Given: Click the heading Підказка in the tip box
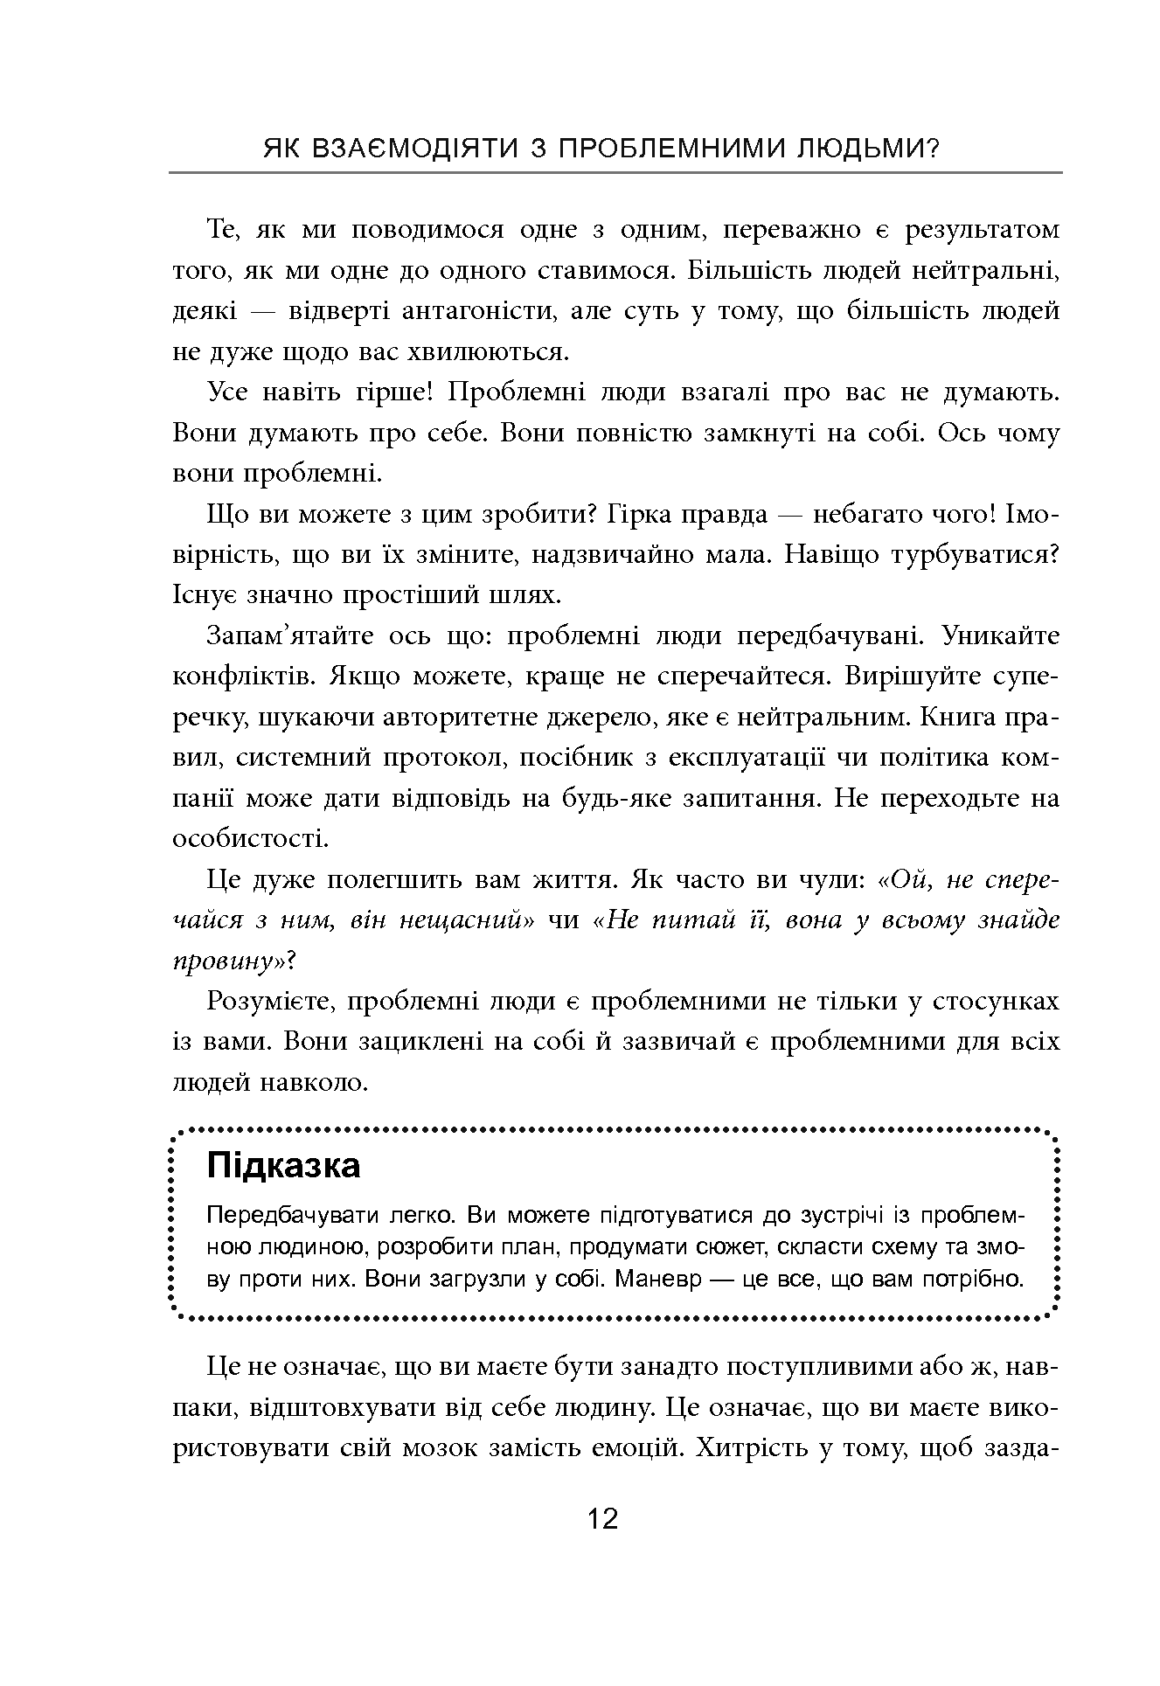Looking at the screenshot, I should (283, 1166).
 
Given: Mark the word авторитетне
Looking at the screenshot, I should (448, 717).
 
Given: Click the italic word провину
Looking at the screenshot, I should (230, 961).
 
